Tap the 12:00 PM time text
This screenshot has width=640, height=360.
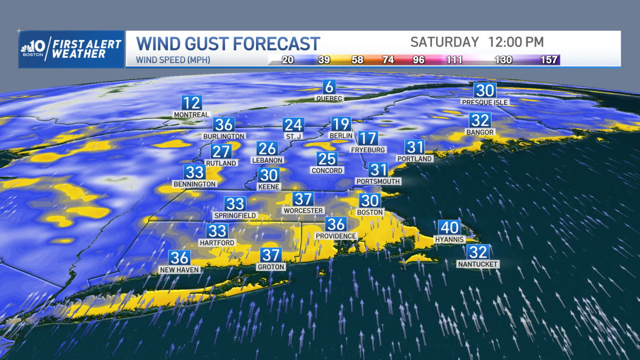coord(516,42)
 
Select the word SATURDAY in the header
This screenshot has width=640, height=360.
coord(444,42)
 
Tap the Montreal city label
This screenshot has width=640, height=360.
coord(191,115)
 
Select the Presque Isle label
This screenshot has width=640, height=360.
coord(485,102)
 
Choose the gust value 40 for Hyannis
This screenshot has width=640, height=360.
coord(450,228)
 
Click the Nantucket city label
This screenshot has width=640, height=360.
coord(478,264)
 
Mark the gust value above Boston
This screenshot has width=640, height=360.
coord(370,201)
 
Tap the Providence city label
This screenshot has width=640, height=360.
coord(336,236)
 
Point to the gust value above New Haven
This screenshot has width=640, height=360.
coord(179,258)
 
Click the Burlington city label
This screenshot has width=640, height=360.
coord(224,136)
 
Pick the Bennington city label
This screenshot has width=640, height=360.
coord(195,184)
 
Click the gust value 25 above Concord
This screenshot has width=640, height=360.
coord(327,159)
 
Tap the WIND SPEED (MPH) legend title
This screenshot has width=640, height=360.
coord(173,60)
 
